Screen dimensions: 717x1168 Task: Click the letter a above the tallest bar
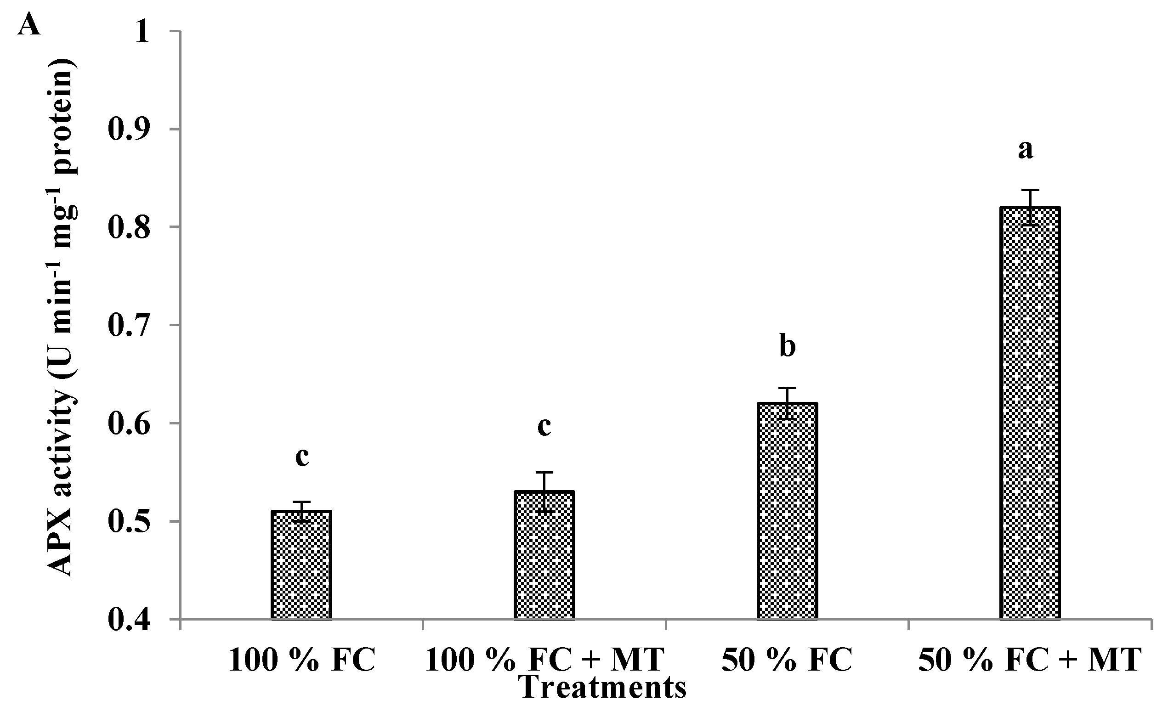(x=1025, y=149)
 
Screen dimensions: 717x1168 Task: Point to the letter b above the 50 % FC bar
(x=787, y=347)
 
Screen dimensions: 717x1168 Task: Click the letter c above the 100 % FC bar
(x=302, y=457)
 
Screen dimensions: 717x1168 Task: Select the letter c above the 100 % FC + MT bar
(x=544, y=426)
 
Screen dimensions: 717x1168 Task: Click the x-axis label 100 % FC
(x=301, y=660)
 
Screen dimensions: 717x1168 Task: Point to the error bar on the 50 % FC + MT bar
(x=1030, y=207)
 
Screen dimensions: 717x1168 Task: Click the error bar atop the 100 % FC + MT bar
(x=544, y=492)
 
